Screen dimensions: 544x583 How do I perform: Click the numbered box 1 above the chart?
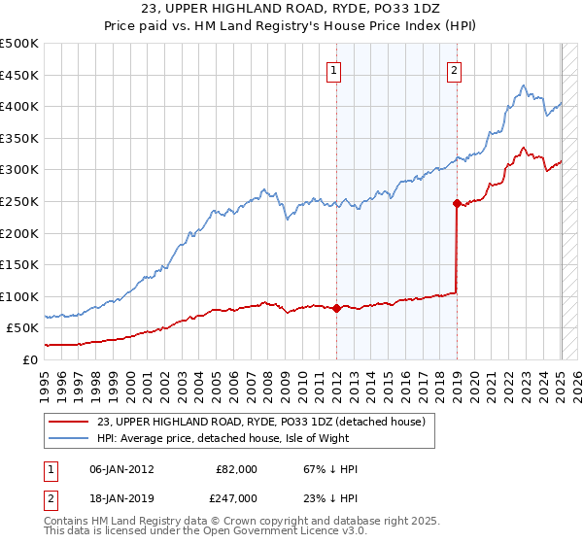pyautogui.click(x=334, y=70)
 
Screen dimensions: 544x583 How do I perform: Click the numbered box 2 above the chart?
pyautogui.click(x=454, y=70)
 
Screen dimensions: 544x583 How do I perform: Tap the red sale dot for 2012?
pyautogui.click(x=336, y=308)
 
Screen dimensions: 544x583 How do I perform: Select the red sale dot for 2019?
pyautogui.click(x=457, y=203)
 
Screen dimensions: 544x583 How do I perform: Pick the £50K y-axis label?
pyautogui.click(x=23, y=328)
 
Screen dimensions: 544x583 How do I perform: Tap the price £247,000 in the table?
pyautogui.click(x=235, y=497)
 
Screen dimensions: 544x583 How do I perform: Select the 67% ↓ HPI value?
pyautogui.click(x=318, y=468)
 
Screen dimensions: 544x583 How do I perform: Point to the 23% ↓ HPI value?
pyautogui.click(x=318, y=497)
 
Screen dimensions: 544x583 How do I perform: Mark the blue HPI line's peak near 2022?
pyautogui.click(x=523, y=85)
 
